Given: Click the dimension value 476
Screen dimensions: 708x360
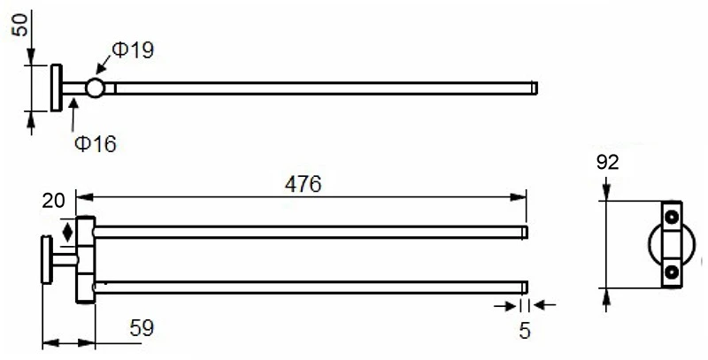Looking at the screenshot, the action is coord(303,184).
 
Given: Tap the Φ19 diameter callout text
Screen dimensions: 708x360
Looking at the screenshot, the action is coord(134,50).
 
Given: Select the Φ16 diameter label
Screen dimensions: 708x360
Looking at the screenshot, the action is coord(96,144).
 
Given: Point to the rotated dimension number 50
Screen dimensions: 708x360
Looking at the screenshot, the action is coord(19,25).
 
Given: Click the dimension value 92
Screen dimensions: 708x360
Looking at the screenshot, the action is coord(607,163).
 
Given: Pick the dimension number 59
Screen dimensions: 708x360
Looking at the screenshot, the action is coord(142,328).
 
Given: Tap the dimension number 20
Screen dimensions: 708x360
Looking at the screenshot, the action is coord(54,201).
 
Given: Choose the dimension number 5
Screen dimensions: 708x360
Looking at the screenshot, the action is coord(524,331).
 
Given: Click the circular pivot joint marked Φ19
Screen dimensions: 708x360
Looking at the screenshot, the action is coord(95,88).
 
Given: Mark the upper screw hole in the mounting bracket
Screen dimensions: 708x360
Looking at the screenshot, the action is coord(672,217).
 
